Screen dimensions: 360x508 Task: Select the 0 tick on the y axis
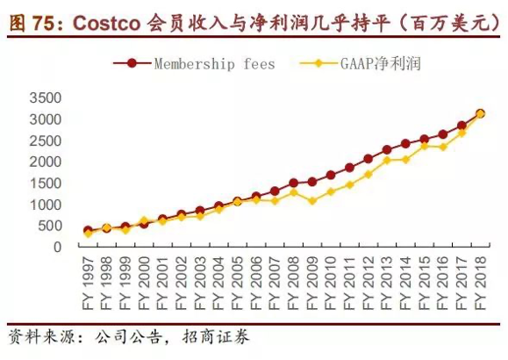coord(57,247)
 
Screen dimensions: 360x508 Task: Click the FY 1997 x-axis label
coord(88,279)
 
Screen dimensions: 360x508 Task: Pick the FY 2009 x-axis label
coord(311,279)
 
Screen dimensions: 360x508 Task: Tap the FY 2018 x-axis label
coord(480,279)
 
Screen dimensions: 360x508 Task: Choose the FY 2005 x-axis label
coord(237,279)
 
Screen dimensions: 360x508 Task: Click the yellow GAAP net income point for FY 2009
coord(311,201)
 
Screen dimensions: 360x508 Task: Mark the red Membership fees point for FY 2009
coord(311,182)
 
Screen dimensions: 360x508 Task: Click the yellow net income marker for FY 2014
coord(405,159)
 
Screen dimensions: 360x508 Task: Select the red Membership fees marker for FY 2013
coord(386,150)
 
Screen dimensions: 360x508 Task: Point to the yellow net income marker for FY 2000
coord(144,220)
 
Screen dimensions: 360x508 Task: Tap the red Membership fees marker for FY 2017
coord(461,126)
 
